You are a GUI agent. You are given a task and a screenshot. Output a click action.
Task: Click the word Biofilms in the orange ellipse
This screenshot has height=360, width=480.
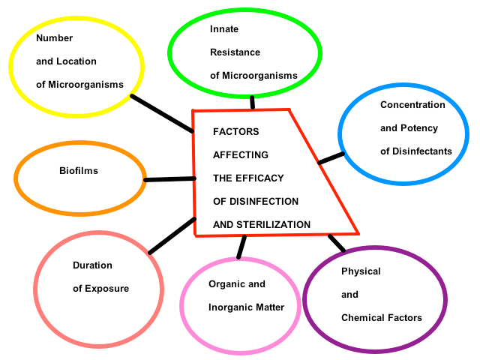click(79, 171)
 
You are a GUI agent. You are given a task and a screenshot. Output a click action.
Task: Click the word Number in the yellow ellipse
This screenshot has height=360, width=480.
click(55, 37)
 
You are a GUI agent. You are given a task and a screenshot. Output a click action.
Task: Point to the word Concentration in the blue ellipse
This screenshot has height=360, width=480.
click(412, 105)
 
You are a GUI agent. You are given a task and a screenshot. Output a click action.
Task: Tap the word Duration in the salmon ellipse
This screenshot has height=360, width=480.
click(92, 265)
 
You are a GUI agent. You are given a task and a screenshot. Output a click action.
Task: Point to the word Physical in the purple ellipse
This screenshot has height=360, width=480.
click(361, 271)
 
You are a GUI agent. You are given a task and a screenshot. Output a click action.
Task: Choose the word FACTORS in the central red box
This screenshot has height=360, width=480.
click(236, 131)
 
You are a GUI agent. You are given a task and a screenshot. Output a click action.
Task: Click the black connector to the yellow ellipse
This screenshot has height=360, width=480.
click(161, 113)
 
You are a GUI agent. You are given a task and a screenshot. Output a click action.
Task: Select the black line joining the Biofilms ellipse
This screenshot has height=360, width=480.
click(169, 179)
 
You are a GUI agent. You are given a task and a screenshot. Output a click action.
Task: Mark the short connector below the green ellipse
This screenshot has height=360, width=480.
click(253, 103)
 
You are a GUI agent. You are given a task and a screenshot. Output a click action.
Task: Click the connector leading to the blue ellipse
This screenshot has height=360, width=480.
click(331, 157)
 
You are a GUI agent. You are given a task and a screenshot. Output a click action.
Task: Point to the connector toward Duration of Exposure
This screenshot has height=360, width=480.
click(172, 235)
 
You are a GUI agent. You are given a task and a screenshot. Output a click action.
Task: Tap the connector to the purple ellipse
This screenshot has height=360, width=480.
click(337, 243)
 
